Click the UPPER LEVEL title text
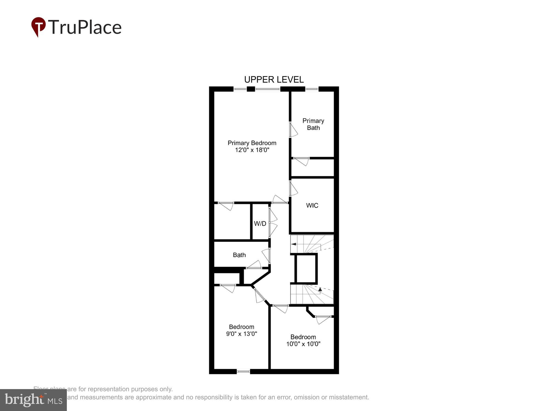coord(274,79)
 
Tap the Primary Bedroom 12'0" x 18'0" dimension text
coord(252,150)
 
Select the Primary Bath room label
coord(313,124)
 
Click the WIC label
coord(312,206)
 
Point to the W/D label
coord(260,224)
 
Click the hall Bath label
coord(239,255)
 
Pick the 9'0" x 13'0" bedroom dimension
coord(241,334)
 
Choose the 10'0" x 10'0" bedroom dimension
coord(303,344)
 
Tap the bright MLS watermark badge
coord(33,400)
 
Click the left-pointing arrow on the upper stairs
coord(294,244)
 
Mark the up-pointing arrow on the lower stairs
coord(320,289)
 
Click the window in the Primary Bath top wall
coord(312,89)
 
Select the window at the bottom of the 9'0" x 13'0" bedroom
coord(243,372)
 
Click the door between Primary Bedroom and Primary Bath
coord(293,130)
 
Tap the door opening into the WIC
coord(293,189)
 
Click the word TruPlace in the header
coord(85,27)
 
